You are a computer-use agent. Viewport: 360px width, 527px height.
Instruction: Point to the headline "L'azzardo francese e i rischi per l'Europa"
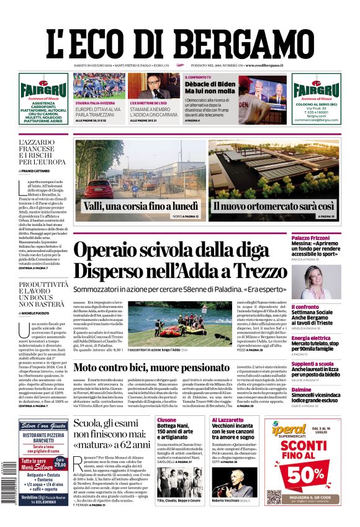[x=44, y=151]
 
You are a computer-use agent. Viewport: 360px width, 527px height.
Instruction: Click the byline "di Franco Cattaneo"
[x=42, y=170]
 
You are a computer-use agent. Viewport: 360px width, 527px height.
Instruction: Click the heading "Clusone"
[x=168, y=420]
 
